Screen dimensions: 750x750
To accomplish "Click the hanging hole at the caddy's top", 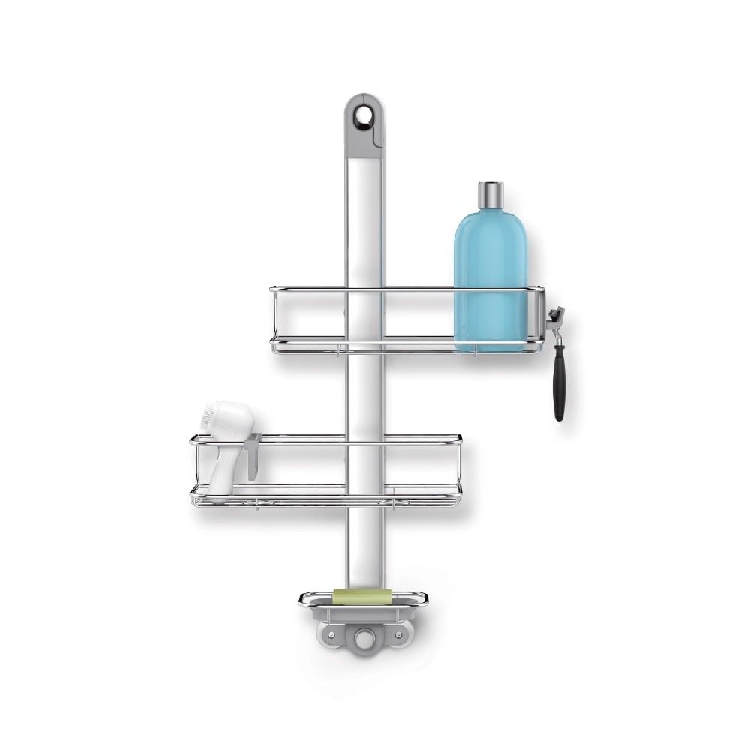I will pos(364,115).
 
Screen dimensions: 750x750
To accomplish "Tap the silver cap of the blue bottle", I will pos(490,194).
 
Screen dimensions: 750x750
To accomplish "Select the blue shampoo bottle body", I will pos(490,277).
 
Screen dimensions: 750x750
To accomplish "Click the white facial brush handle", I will pos(221,469).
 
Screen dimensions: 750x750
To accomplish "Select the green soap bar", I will pos(362,597).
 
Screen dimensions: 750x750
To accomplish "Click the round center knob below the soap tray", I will pos(365,639).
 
